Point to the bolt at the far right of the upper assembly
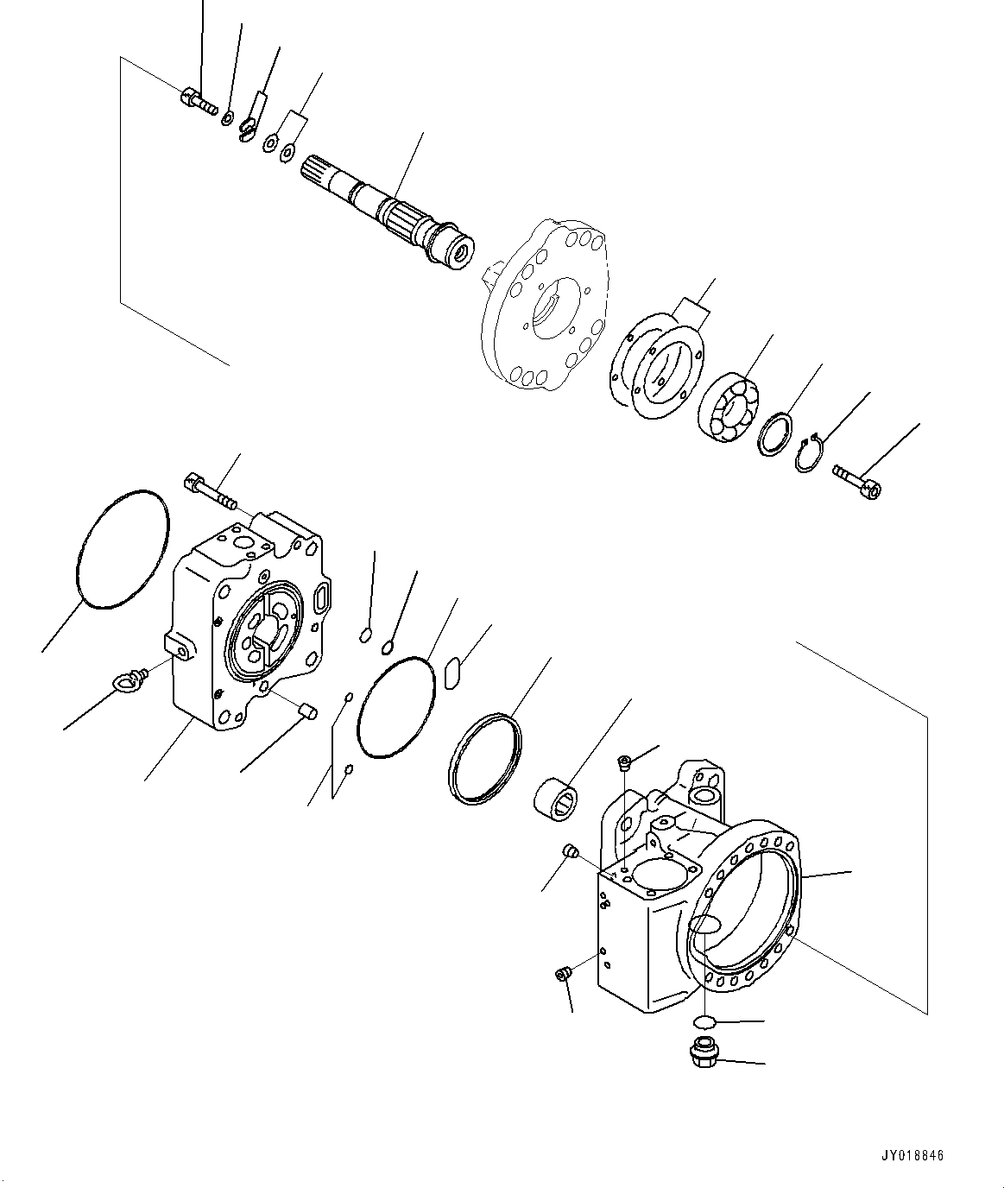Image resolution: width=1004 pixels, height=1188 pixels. [856, 481]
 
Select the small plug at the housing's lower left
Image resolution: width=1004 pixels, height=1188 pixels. [564, 976]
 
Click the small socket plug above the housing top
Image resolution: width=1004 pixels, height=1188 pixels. [625, 761]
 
